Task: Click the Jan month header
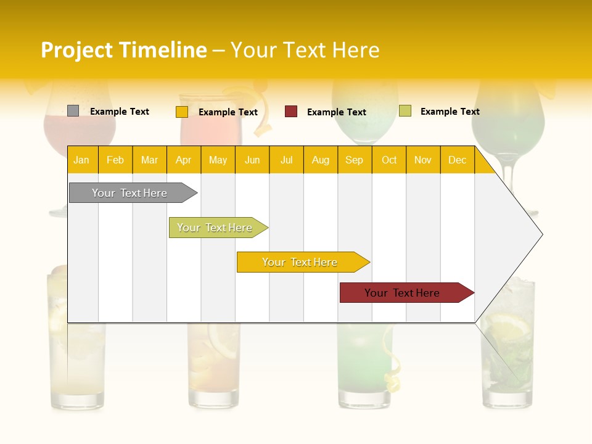[81, 160]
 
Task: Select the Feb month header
[115, 160]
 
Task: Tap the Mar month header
[149, 160]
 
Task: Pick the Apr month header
[184, 160]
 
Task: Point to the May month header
[218, 160]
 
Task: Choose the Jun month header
[252, 160]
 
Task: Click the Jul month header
[286, 160]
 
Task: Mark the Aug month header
[321, 160]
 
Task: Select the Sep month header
[355, 160]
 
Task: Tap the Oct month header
[389, 160]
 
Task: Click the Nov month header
[423, 160]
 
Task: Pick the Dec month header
[457, 160]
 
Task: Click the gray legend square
[73, 111]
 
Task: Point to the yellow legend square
[181, 112]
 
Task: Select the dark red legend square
[291, 112]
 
